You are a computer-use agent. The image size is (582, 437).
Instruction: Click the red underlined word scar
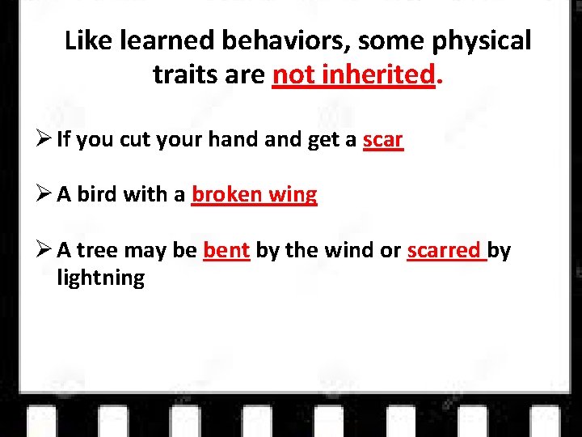point(382,140)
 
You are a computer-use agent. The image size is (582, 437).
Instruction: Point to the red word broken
point(226,195)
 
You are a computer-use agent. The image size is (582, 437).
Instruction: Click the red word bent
point(226,251)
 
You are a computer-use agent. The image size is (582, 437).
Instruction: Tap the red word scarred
point(445,251)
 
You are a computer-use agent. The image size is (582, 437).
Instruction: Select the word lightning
point(101,278)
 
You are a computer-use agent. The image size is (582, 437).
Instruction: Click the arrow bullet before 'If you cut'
point(44,140)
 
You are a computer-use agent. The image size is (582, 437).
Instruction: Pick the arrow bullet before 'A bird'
point(44,195)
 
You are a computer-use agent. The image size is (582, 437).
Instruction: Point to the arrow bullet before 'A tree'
point(44,251)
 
